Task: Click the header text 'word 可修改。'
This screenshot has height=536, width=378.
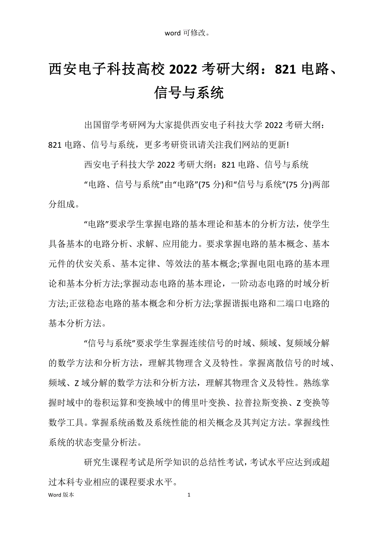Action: (x=189, y=33)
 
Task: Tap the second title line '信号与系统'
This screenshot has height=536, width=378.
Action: (x=189, y=93)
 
